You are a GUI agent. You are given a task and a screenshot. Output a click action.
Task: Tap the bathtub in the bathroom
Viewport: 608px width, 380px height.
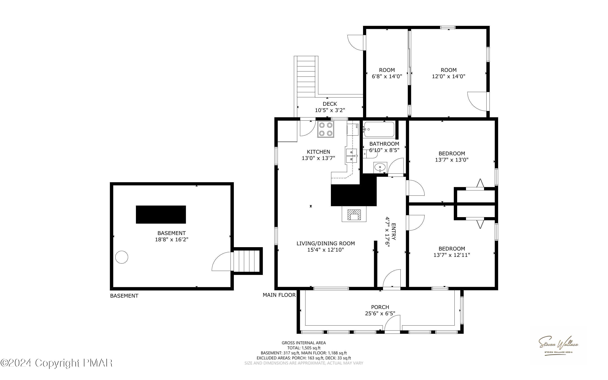click(x=379, y=129)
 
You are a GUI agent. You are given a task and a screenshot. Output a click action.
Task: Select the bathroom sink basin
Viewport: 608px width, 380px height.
click(x=380, y=167)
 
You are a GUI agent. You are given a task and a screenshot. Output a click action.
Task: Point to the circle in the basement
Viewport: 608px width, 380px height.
click(x=122, y=257)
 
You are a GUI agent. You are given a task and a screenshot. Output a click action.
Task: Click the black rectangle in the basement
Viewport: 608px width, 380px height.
click(x=161, y=214)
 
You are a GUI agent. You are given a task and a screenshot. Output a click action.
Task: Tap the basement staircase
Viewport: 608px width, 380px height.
click(x=247, y=261)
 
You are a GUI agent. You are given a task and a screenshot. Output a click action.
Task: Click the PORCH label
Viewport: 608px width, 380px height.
click(x=380, y=307)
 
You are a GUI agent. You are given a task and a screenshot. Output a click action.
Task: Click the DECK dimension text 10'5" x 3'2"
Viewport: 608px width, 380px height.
click(x=330, y=110)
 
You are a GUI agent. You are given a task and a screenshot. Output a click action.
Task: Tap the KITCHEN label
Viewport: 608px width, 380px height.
click(x=318, y=152)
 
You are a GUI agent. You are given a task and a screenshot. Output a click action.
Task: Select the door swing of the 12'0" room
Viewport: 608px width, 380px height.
click(x=477, y=101)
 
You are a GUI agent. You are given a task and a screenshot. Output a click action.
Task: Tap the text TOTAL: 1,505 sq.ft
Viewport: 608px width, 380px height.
click(x=304, y=348)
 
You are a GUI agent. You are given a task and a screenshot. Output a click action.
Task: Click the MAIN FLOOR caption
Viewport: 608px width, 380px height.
click(x=279, y=295)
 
